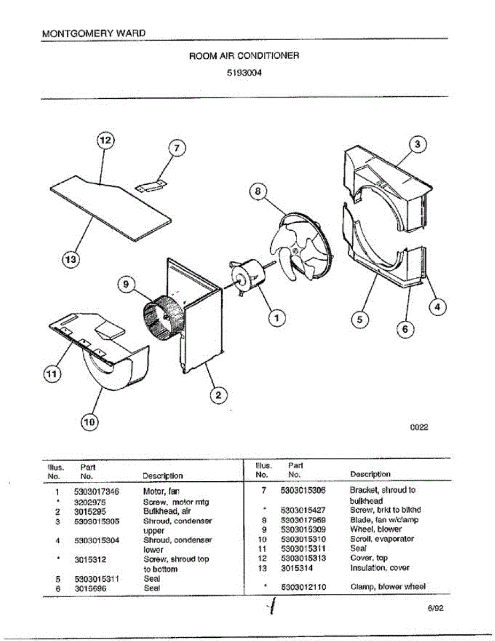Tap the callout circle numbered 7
coord(177,148)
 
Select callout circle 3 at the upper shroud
coord(418,144)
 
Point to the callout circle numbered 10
coord(89,422)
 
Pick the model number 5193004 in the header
coord(244,69)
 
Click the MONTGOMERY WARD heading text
coord(93,33)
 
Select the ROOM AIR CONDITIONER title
coord(244,55)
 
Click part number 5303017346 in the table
coord(97,492)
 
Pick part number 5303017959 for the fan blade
coord(303,520)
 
